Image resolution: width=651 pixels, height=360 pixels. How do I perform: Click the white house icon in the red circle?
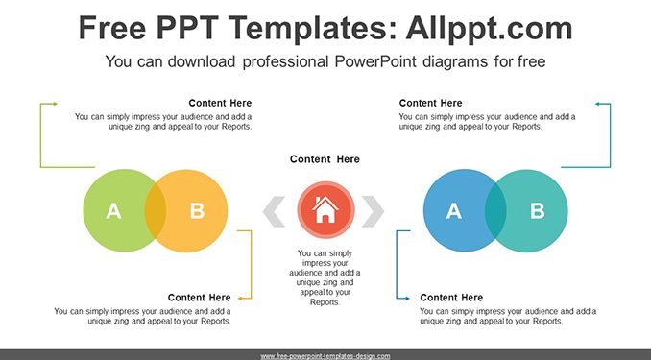[x=325, y=209]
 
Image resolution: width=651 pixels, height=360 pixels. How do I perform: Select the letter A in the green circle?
[x=113, y=211]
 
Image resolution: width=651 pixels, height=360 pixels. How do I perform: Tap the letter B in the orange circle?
[x=197, y=211]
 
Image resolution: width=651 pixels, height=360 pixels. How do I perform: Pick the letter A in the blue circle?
[x=454, y=211]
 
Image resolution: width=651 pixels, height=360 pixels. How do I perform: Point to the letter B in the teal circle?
[x=538, y=211]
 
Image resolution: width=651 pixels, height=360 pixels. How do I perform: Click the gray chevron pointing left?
[x=274, y=211]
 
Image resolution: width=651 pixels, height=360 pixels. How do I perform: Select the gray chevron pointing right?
[x=373, y=211]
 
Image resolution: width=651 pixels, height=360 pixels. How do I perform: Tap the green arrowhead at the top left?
[x=55, y=104]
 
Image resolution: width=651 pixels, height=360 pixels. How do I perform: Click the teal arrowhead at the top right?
[x=597, y=104]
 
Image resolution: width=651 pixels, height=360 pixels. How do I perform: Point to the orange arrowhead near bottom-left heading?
[x=240, y=299]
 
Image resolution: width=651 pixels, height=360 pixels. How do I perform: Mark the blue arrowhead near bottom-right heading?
[x=407, y=299]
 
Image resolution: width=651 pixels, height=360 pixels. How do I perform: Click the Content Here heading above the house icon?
[x=325, y=159]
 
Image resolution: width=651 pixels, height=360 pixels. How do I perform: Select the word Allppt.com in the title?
[x=489, y=28]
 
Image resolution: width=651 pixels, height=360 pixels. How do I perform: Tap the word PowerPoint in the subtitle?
[x=375, y=61]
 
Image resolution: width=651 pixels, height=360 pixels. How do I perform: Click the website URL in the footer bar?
[x=325, y=356]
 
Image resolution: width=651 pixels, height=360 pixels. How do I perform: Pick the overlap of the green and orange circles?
[x=156, y=210]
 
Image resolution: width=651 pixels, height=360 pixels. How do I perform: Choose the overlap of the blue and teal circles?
[x=495, y=210]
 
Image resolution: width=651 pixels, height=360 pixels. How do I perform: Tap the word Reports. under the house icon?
[x=325, y=301]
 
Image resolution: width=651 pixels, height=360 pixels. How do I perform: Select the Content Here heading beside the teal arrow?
[x=430, y=103]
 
